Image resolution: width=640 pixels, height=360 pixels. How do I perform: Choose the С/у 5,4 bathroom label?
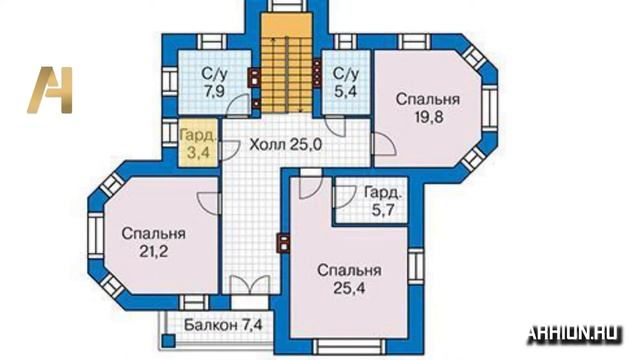point(346,80)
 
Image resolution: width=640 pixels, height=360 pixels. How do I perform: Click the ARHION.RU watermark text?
point(574,332)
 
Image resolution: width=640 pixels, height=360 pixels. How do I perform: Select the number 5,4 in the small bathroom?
point(346,89)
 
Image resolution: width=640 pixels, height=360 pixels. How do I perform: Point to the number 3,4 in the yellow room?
point(196,154)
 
